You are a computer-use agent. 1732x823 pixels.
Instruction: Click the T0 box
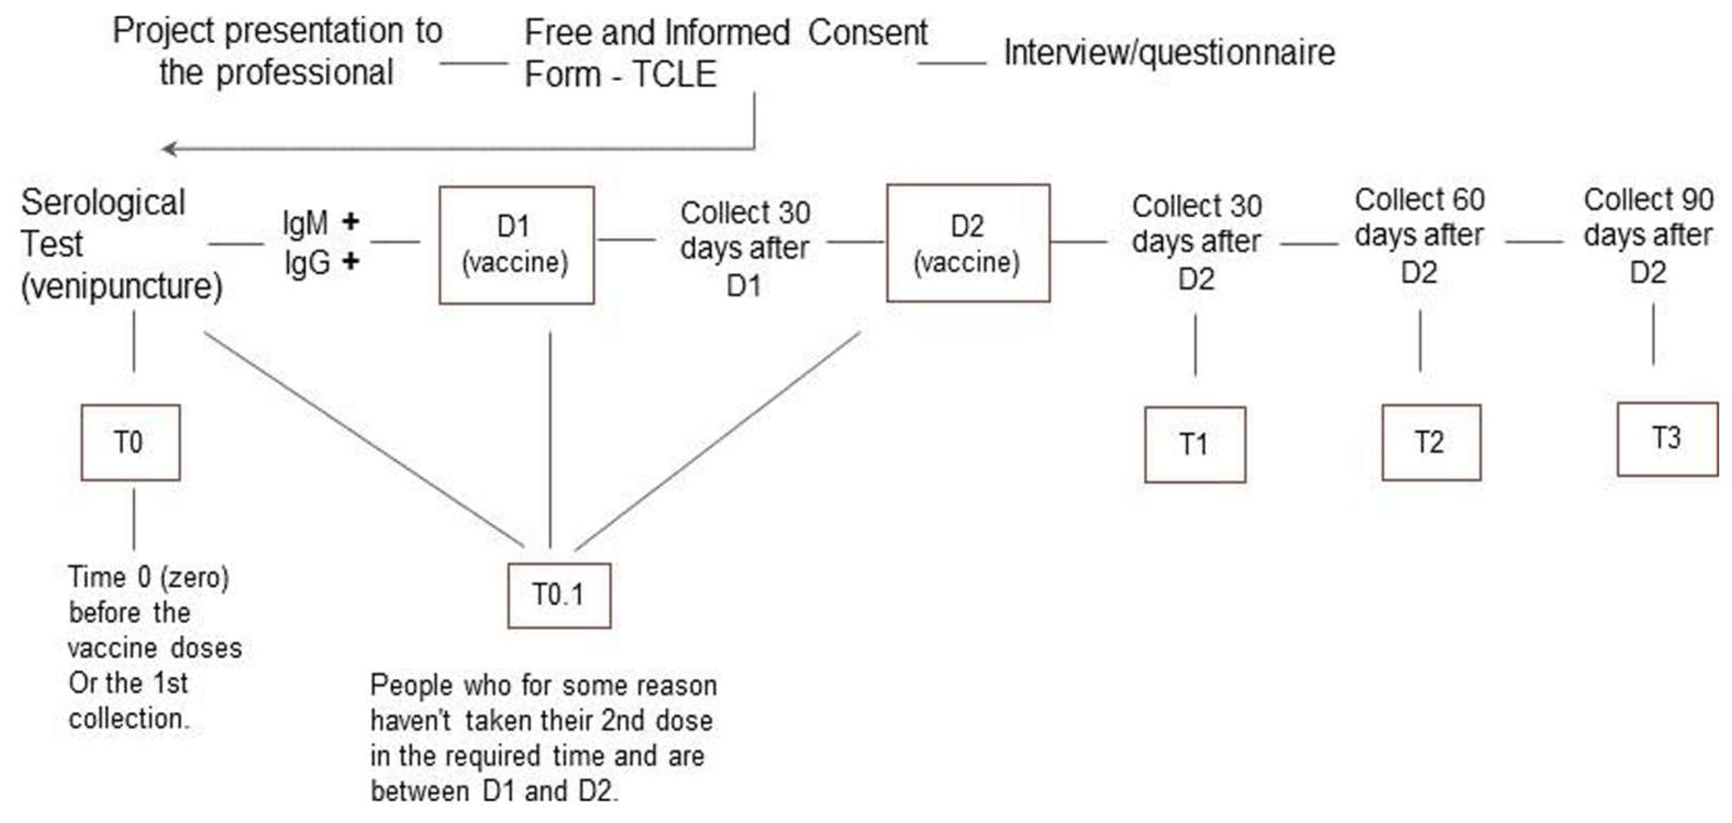[130, 442]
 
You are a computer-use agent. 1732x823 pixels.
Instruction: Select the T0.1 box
[559, 595]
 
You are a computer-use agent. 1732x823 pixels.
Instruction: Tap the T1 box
[1195, 445]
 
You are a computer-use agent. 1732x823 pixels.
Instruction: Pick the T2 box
[1431, 442]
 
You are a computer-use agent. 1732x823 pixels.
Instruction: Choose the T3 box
[1667, 439]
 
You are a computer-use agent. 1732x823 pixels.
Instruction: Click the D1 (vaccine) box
[516, 245]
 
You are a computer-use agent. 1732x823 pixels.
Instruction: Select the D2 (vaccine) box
[968, 243]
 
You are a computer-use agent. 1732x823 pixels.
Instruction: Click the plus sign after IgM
[350, 221]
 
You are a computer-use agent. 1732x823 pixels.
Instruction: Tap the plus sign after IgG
[350, 261]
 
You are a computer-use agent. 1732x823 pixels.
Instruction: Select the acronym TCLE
[674, 74]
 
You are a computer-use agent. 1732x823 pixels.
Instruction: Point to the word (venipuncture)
[122, 287]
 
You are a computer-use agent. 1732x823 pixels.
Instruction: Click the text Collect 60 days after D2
[1419, 235]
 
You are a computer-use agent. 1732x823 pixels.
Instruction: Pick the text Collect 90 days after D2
[1648, 235]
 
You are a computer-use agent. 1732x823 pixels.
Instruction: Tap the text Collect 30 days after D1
[744, 249]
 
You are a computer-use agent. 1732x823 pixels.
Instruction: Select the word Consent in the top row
[867, 32]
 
